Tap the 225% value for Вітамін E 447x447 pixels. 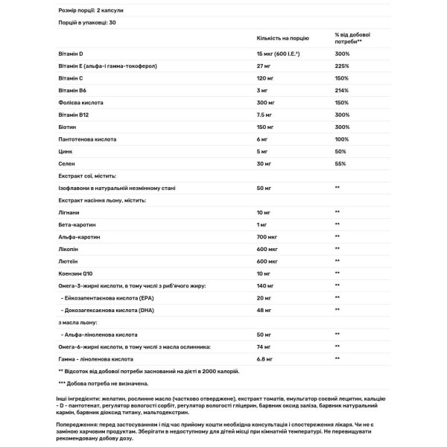[343, 66]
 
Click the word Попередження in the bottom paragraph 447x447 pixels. [79, 420]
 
